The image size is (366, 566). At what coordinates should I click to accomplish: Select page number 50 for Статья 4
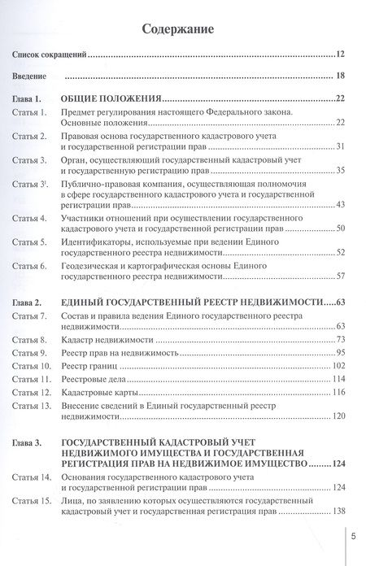click(340, 229)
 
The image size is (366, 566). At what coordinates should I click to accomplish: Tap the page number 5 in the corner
click(353, 535)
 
